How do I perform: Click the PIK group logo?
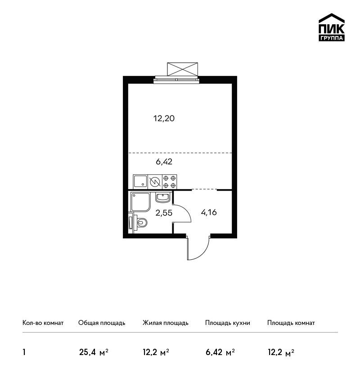point(332,27)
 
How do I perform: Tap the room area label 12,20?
point(164,119)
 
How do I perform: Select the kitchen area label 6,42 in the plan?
point(164,161)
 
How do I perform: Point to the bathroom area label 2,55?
point(164,213)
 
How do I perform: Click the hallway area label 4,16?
point(209,213)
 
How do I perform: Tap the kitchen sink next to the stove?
point(140,182)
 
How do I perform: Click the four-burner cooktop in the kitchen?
point(170,182)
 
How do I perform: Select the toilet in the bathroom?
point(140,222)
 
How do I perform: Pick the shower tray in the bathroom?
point(140,202)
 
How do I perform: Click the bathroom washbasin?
point(162,197)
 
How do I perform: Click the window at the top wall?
point(176,80)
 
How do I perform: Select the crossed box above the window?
point(182,69)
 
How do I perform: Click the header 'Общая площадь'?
point(102,323)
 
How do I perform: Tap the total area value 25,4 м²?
point(94,352)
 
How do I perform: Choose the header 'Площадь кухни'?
point(228,323)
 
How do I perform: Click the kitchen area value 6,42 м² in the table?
point(220,352)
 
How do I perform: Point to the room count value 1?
point(24,352)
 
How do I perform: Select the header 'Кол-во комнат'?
point(43,323)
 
